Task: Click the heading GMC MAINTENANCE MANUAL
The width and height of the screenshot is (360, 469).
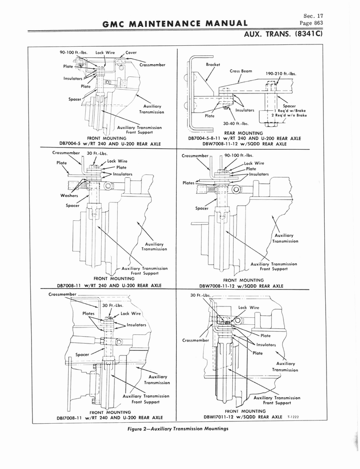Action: [x=175, y=24]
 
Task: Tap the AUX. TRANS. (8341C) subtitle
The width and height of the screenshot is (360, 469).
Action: [x=284, y=34]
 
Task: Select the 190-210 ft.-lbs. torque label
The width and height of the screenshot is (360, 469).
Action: [x=281, y=74]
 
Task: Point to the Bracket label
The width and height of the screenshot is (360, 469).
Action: [x=213, y=64]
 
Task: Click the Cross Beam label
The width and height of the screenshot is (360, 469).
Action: [x=241, y=71]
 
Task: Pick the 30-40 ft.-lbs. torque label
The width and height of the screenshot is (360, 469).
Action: [x=236, y=123]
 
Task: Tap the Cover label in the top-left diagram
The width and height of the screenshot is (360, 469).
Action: [x=131, y=52]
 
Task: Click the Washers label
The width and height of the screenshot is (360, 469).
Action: [x=69, y=196]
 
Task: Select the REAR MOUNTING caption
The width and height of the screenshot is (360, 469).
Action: [x=243, y=133]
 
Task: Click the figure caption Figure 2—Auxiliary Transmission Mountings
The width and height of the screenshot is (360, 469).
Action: [x=178, y=429]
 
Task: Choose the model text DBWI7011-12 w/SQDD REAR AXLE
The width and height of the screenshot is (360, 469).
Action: [x=243, y=417]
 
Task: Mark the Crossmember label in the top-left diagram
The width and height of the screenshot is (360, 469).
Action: [x=152, y=65]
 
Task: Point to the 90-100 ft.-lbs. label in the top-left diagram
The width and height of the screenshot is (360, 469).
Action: [x=74, y=52]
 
